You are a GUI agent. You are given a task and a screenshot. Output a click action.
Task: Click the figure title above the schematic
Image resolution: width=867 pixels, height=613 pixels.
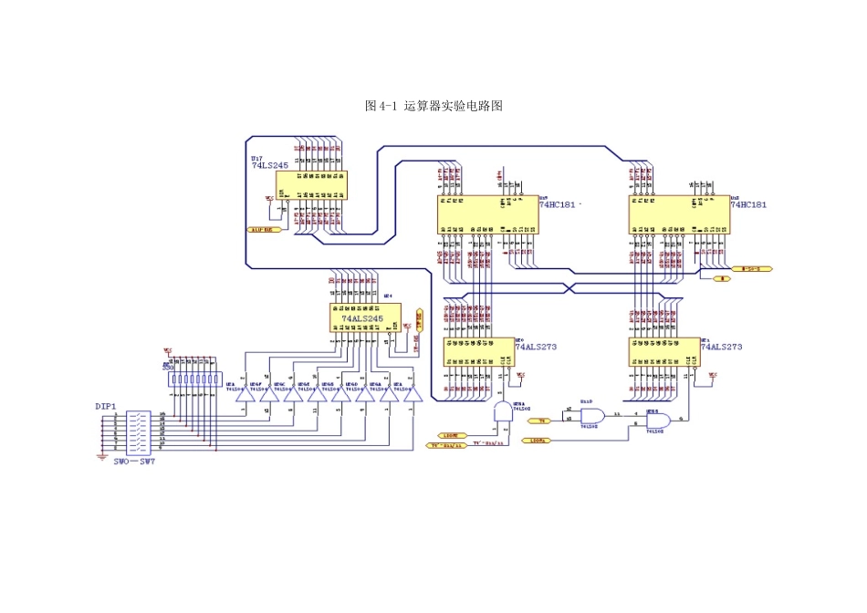[x=433, y=106]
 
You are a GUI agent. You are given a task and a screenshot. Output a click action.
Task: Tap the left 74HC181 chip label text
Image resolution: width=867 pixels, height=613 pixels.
[x=558, y=205]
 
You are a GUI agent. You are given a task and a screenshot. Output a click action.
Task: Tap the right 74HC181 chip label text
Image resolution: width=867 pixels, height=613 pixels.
[x=748, y=205]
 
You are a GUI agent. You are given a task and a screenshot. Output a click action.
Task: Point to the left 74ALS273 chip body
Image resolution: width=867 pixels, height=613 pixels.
[x=479, y=352]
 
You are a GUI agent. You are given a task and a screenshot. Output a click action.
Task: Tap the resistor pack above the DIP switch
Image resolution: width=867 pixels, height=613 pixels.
[x=194, y=378]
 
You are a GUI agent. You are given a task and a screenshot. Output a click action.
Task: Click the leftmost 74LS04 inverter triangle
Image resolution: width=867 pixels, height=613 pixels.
[x=243, y=396]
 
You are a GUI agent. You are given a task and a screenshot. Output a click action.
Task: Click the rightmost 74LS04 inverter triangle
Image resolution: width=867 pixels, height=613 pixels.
[x=413, y=396]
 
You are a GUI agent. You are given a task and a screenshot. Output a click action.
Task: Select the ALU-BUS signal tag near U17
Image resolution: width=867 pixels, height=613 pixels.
[x=266, y=230]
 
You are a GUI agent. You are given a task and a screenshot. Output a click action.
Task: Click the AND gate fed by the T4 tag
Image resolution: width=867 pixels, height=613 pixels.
[x=591, y=416]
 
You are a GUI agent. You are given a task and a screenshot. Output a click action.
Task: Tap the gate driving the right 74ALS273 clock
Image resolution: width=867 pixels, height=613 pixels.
[x=659, y=421]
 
